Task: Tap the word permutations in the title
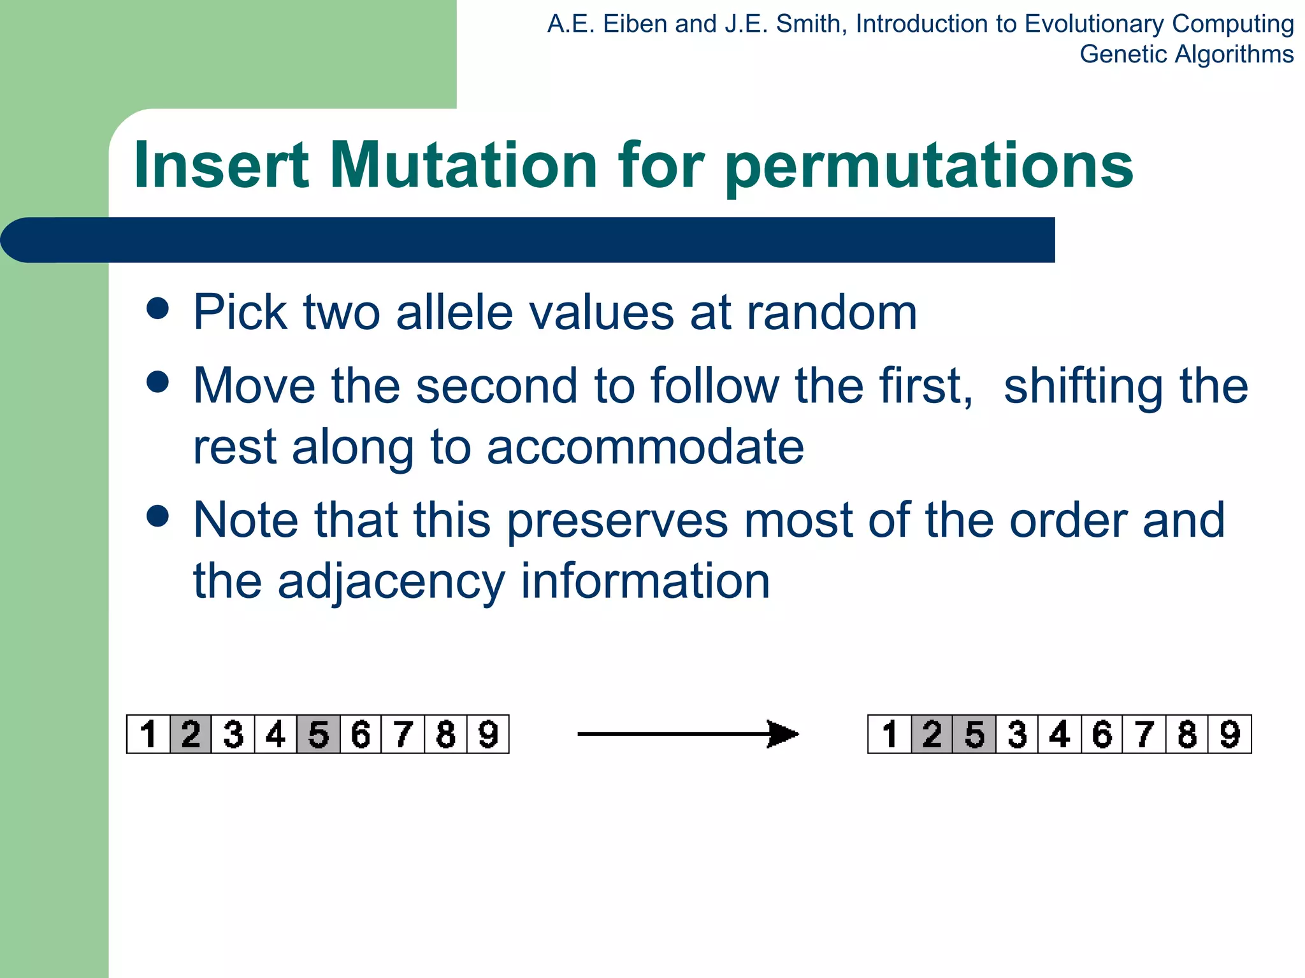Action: pos(929,167)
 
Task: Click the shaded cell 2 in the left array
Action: pos(191,734)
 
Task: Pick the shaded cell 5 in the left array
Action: pos(318,734)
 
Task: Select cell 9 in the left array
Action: pos(488,734)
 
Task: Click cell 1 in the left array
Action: pos(148,734)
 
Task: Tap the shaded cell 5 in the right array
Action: pos(974,734)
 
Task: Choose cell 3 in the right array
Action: pos(1017,734)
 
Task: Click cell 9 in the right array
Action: pos(1230,734)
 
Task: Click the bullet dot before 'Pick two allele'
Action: pos(157,309)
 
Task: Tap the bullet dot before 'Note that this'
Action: pos(157,516)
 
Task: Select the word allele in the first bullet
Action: pos(454,312)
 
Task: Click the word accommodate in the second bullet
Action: pos(645,446)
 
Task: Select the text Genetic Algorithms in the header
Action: pos(1186,54)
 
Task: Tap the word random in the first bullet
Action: pos(832,312)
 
